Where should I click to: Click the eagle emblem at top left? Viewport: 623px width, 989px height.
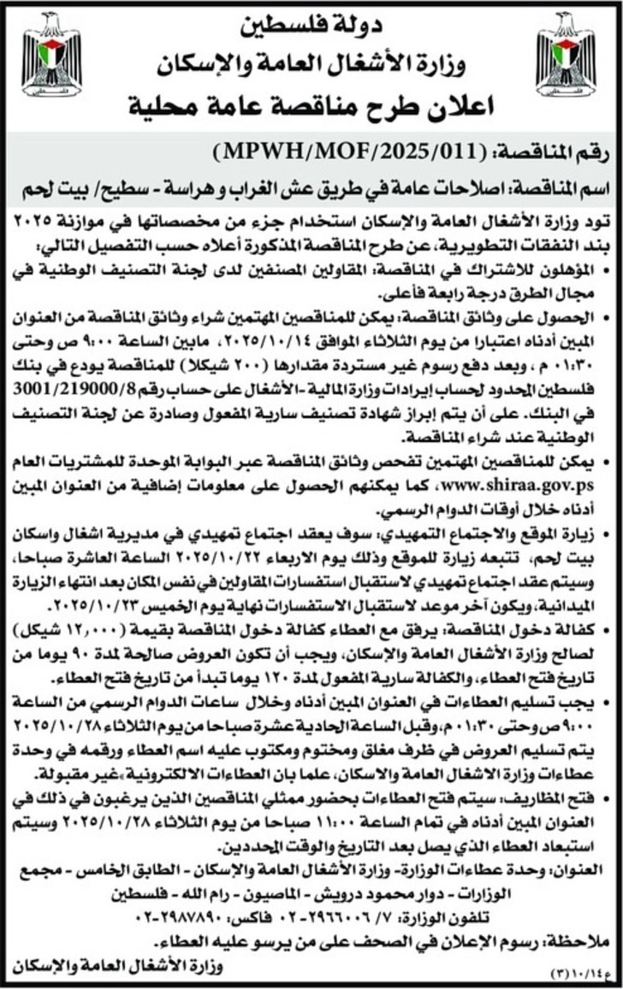click(x=51, y=53)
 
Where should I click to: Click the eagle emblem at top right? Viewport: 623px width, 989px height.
click(x=565, y=53)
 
